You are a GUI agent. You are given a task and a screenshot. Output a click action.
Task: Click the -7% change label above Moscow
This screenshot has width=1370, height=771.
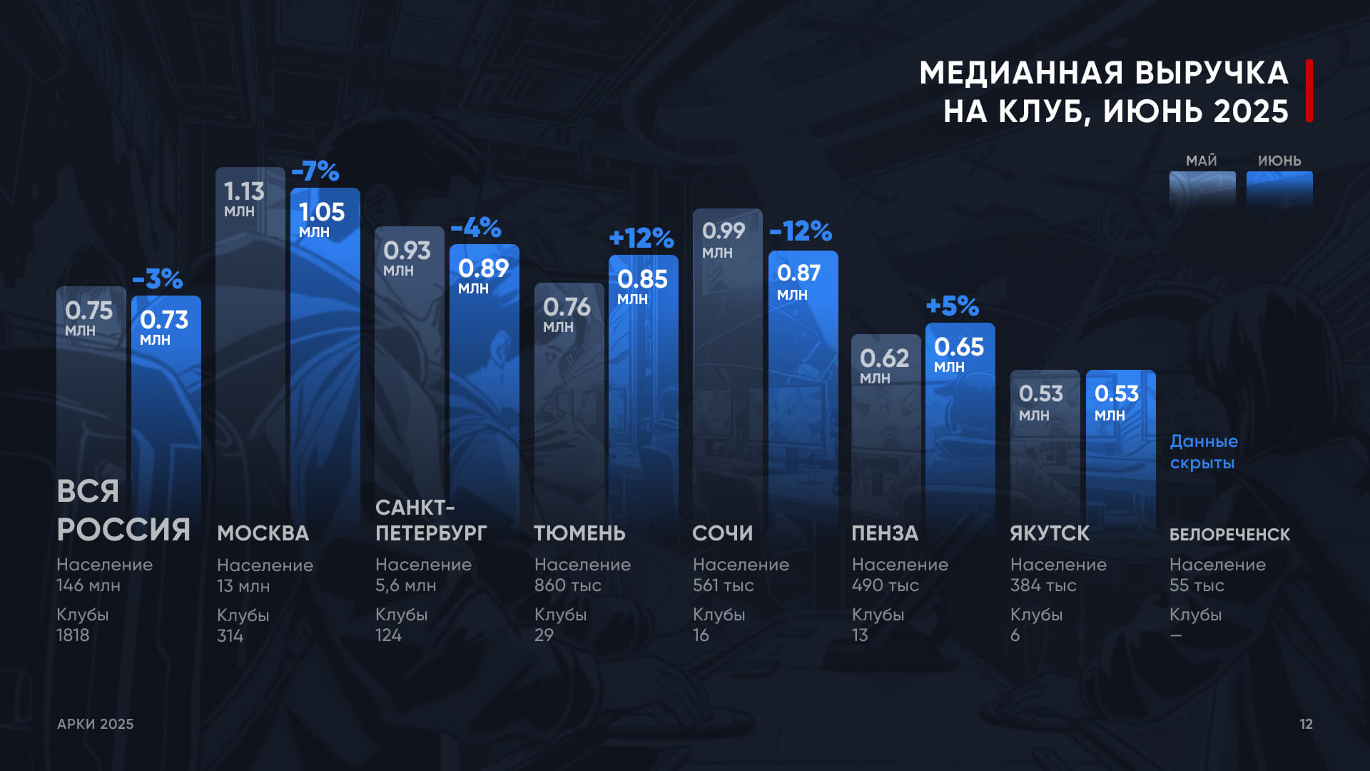(315, 171)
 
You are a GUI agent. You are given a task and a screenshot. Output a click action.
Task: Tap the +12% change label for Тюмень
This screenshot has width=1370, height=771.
(641, 238)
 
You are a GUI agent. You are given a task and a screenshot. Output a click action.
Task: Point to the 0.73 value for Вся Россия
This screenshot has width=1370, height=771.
(164, 320)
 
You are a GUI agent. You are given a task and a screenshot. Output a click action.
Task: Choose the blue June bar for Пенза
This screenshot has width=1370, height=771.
(960, 443)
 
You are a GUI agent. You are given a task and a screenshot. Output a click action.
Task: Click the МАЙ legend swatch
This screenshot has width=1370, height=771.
(1202, 189)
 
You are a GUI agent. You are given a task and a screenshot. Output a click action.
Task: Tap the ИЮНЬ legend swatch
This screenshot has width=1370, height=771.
(1279, 189)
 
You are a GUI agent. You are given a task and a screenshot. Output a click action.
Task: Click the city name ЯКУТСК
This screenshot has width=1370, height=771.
(1050, 533)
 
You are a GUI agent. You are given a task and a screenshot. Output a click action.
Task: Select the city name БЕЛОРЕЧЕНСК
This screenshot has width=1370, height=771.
(1229, 535)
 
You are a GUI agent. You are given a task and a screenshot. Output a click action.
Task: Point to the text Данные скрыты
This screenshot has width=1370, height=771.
(1204, 452)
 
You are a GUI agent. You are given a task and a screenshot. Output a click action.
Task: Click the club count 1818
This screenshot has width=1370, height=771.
(73, 635)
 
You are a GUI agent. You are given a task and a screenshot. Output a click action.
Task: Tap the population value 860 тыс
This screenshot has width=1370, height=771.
(568, 585)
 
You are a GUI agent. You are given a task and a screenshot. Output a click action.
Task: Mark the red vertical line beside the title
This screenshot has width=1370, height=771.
(1309, 91)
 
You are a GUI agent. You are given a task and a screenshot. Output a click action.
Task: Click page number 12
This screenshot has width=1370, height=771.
(1306, 724)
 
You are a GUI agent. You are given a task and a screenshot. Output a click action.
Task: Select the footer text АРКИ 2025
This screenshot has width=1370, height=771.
(96, 724)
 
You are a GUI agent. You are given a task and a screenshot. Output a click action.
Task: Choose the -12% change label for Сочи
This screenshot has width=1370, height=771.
(801, 231)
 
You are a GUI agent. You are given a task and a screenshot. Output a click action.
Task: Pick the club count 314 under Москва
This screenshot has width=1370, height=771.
(230, 636)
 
